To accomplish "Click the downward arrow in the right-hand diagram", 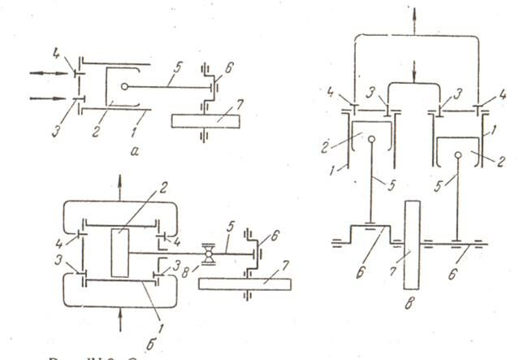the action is coord(415,73).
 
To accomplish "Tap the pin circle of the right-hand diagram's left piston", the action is coord(371,138).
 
